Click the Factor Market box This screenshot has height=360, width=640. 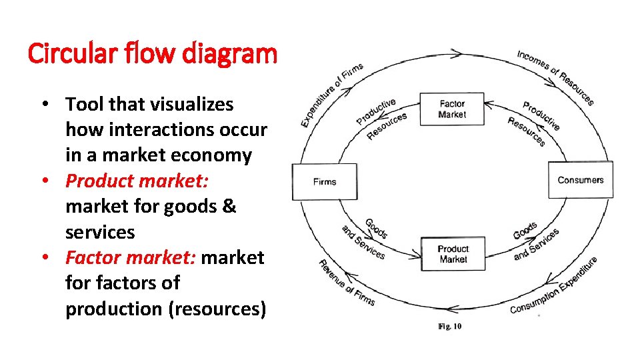(452, 109)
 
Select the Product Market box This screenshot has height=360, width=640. (453, 254)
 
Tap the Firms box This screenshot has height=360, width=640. (325, 181)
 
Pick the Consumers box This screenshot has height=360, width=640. (581, 180)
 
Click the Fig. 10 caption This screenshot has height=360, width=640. (449, 326)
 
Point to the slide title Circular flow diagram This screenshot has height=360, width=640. (152, 53)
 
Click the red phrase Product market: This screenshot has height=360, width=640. (137, 181)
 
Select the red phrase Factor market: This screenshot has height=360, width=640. (131, 257)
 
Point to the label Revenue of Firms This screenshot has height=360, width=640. (346, 283)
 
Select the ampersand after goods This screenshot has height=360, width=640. (228, 207)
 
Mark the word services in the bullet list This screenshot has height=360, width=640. (100, 232)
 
